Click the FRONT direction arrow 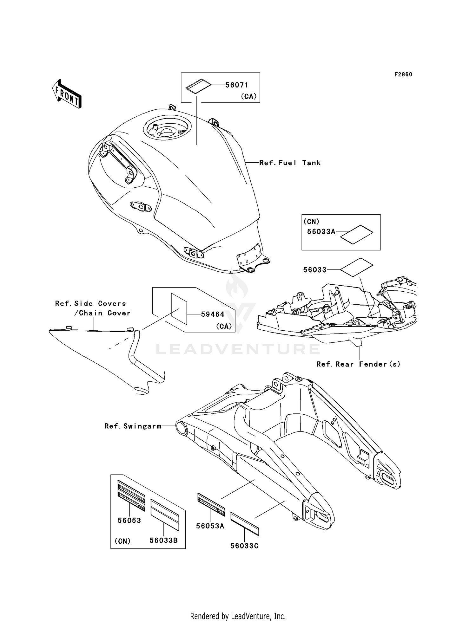coord(67,94)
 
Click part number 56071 coord(237,85)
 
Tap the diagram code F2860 coord(403,75)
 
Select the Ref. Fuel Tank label coord(290,163)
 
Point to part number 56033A coord(321,232)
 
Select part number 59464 coord(213,314)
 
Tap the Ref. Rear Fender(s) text coord(358,364)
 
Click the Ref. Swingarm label coord(133,426)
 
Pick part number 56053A coord(210,526)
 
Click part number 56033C coord(244,546)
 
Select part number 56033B coord(163,540)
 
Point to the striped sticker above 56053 coord(131,496)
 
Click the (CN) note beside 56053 coord(122,541)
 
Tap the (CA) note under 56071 coord(248,96)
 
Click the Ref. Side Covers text coord(90,304)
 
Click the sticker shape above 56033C coord(245,524)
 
